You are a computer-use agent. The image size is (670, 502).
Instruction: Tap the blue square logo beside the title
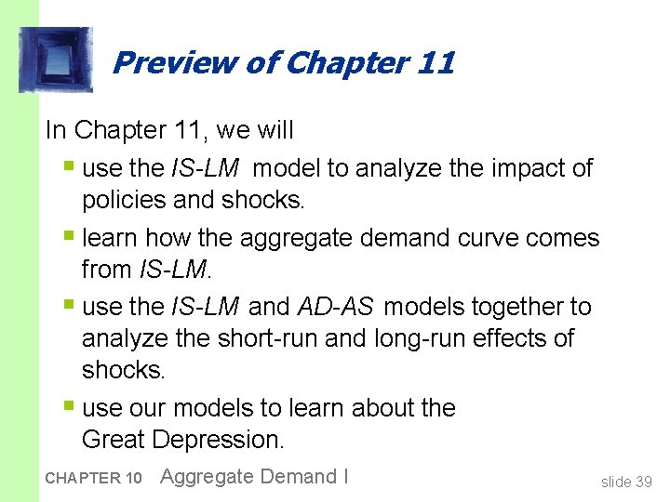tap(56, 60)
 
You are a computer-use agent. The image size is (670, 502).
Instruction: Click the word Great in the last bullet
tap(114, 439)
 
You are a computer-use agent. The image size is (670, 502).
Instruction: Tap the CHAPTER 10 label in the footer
tap(93, 479)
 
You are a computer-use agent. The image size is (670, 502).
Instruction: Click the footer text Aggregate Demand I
tap(254, 477)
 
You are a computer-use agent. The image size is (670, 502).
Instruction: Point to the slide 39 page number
tap(626, 481)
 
